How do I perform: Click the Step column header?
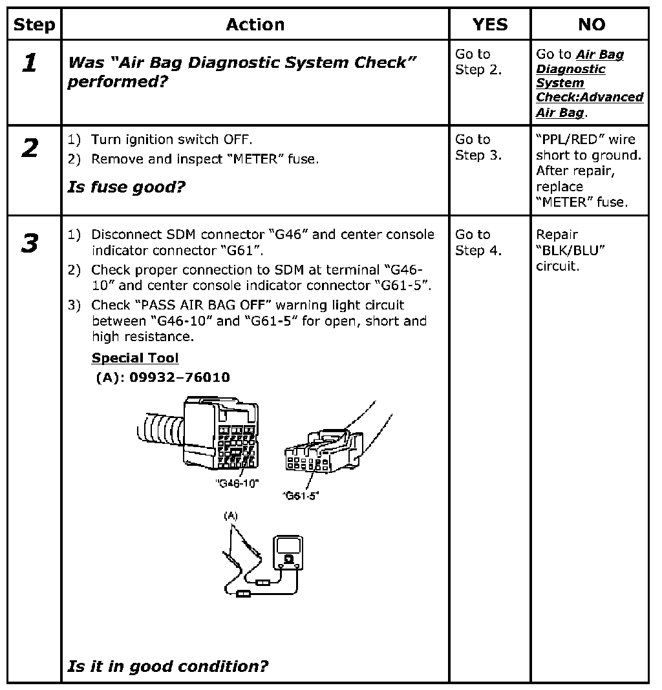pos(34,25)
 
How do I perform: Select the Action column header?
pos(255,25)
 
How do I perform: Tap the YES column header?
pos(489,25)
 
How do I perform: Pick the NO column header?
pos(591,25)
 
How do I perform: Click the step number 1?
pos(30,63)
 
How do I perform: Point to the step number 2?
pos(30,149)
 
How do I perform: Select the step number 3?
pos(30,244)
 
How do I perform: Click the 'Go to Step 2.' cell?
pos(478,62)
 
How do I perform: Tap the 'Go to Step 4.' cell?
pos(478,242)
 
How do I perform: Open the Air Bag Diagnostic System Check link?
pos(589,83)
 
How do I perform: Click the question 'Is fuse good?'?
pos(126,187)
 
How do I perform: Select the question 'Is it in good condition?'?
pos(167,666)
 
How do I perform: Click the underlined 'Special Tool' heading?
pos(134,358)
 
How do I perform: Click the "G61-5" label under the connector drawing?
pos(301,496)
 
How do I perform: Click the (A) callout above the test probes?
pos(231,516)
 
